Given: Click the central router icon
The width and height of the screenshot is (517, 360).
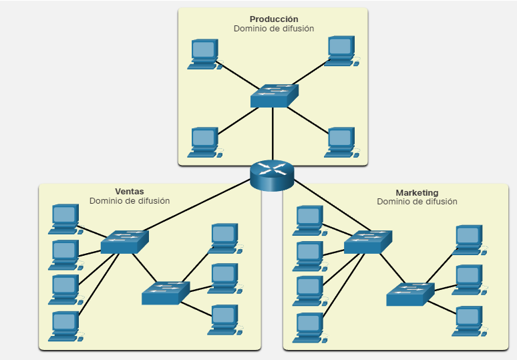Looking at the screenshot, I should [272, 176].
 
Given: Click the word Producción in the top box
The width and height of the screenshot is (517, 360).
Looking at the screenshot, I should [274, 19].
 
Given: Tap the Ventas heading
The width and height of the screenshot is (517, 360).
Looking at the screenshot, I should [130, 191].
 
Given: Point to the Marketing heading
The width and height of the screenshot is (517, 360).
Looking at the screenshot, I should [417, 192].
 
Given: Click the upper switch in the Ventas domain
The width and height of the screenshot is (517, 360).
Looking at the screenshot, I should [124, 242].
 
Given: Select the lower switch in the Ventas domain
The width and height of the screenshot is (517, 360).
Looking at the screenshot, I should [166, 293].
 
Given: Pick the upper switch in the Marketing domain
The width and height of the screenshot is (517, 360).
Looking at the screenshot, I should [367, 242].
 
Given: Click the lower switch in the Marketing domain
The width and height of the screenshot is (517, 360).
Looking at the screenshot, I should [409, 295].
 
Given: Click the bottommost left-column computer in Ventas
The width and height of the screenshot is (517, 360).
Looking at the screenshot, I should [64, 326].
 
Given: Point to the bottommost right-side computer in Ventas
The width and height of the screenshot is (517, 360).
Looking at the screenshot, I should [224, 319].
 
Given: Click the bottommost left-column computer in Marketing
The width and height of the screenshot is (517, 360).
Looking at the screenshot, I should [308, 327].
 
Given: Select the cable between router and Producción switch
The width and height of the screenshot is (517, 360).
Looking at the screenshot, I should [273, 134].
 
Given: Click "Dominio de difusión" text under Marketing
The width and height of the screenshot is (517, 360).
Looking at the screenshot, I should [417, 201].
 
